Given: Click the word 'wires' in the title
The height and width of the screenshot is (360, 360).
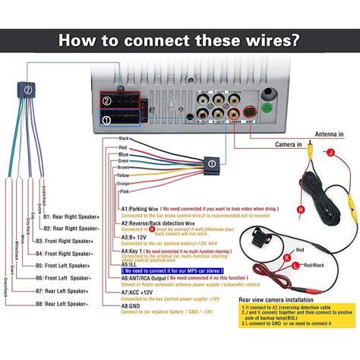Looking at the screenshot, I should pos(246,39).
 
